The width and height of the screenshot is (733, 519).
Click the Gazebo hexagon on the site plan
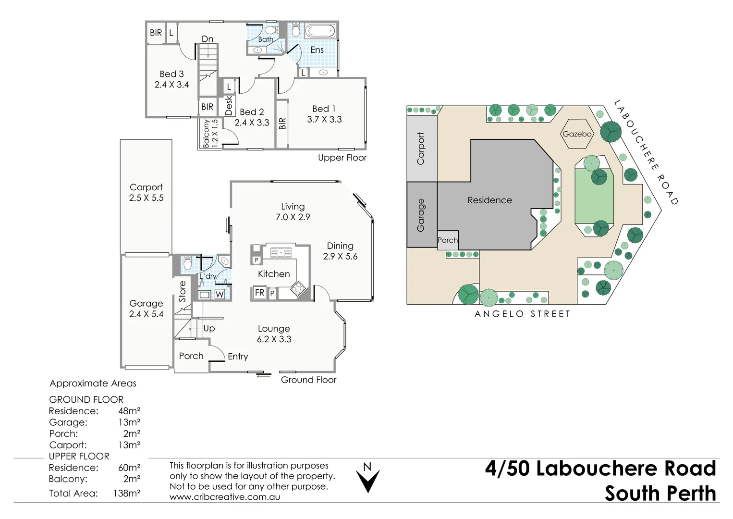[x=577, y=134]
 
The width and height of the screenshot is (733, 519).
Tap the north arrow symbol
[x=368, y=481]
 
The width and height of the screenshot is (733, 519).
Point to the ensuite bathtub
[x=320, y=31]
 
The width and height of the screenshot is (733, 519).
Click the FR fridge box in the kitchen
[x=259, y=292]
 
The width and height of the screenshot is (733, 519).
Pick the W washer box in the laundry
[x=220, y=295]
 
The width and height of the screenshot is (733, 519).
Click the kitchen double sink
[x=281, y=252]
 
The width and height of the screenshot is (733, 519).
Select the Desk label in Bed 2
[x=229, y=105]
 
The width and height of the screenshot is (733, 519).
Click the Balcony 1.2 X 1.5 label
[x=210, y=133]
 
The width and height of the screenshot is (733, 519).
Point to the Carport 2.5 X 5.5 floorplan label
[x=146, y=192]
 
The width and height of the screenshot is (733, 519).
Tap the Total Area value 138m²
[x=127, y=493]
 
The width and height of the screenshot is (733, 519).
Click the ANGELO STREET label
[x=523, y=314]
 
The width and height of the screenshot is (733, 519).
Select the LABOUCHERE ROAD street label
[x=646, y=153]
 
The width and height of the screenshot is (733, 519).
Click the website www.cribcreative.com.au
[x=225, y=497]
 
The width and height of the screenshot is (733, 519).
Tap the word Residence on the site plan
[x=489, y=200]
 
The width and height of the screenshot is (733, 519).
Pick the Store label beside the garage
[x=182, y=291]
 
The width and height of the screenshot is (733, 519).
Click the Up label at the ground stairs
[x=209, y=328]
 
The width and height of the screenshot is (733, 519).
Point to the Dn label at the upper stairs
[x=208, y=39]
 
